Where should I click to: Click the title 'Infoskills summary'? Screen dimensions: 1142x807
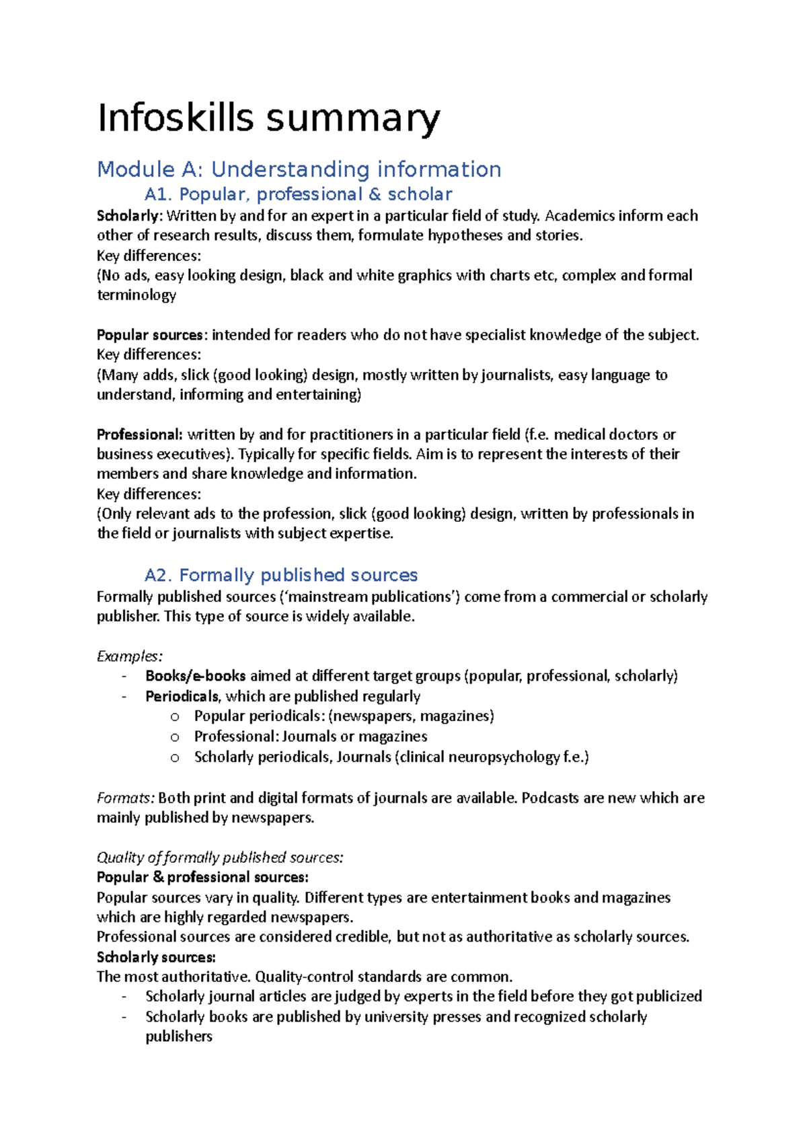[269, 118]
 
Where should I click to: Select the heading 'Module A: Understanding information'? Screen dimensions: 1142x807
[299, 169]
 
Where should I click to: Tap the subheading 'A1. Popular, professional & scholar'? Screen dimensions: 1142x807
[298, 194]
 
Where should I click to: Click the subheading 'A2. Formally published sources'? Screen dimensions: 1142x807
[281, 575]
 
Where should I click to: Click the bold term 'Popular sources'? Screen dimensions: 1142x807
[149, 335]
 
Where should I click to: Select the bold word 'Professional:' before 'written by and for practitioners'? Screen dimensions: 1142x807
[139, 434]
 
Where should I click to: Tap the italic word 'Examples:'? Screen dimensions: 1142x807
[129, 656]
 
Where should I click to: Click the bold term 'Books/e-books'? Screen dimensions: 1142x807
[195, 676]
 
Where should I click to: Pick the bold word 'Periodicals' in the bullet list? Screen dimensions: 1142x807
[182, 696]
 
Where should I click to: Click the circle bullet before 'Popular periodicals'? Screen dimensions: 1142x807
[175, 717]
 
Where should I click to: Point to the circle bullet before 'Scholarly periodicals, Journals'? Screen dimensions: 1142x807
[175, 758]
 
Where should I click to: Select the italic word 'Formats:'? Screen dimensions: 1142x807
[126, 798]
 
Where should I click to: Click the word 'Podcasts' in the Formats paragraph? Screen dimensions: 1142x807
[550, 798]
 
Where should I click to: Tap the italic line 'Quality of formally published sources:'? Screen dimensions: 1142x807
[220, 858]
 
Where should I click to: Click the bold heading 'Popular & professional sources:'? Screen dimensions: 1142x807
[202, 878]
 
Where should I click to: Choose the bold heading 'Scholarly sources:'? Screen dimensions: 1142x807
[156, 957]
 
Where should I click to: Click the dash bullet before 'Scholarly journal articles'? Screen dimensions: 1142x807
[124, 997]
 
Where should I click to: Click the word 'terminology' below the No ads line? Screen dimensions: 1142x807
[137, 295]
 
